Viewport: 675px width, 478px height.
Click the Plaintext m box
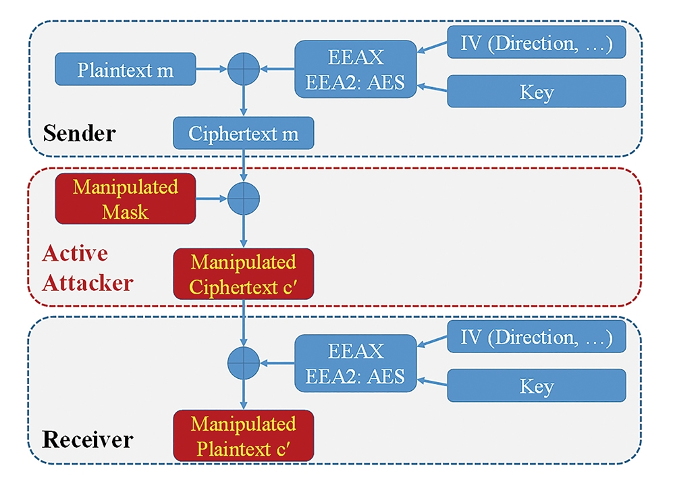(x=126, y=70)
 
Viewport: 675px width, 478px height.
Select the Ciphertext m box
(x=243, y=133)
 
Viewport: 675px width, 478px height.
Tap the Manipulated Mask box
(x=126, y=199)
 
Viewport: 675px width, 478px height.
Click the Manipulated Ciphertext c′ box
(x=243, y=274)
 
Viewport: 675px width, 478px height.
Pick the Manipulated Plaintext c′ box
(x=243, y=435)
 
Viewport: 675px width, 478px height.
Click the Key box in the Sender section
(x=537, y=91)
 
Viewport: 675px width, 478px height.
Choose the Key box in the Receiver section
(x=537, y=386)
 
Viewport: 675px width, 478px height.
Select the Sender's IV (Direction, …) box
(x=537, y=43)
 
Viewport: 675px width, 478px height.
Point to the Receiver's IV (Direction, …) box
(x=537, y=336)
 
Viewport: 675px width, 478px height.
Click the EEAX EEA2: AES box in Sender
(x=356, y=70)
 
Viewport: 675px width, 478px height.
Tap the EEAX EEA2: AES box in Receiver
(x=356, y=363)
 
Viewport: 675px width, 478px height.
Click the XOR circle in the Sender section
(x=243, y=69)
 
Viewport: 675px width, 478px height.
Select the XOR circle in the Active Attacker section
(x=243, y=198)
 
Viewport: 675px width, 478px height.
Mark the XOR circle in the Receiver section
(x=243, y=363)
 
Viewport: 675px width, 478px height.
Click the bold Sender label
(x=79, y=133)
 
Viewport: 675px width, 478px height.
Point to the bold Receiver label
(x=87, y=440)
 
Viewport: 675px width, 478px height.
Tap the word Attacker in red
(x=87, y=284)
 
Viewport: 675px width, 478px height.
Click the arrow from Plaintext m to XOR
(x=211, y=69)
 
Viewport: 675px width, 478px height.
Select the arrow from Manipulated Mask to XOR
(x=211, y=198)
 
